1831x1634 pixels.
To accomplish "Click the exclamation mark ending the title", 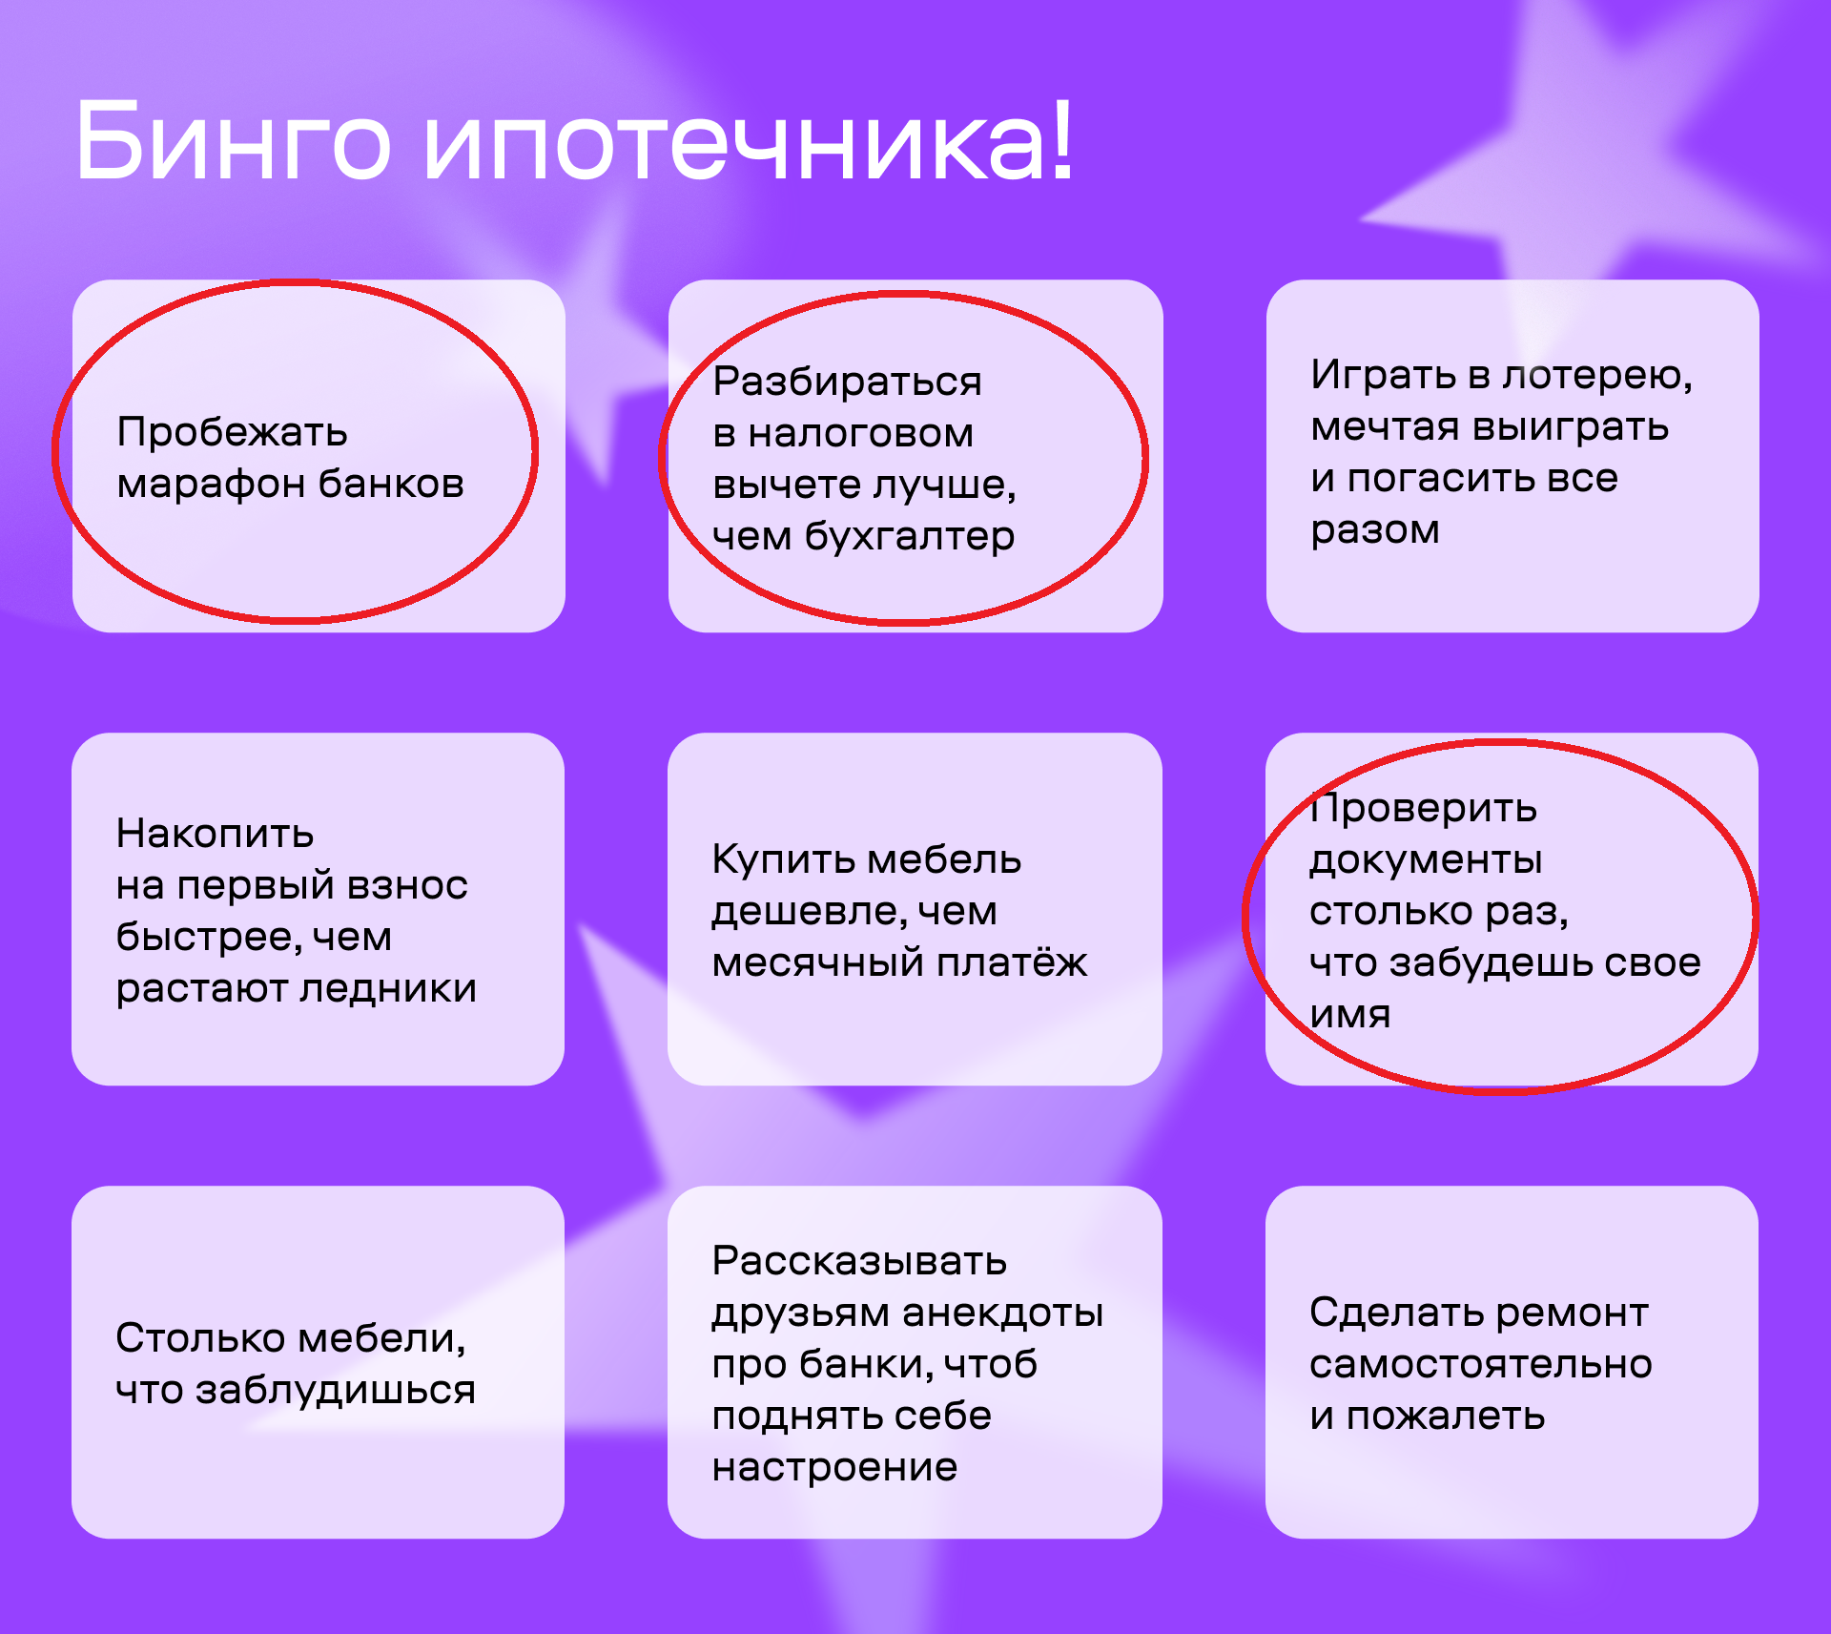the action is [1061, 137].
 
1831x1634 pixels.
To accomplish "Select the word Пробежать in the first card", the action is [232, 432].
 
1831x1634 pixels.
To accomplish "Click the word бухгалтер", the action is [910, 536].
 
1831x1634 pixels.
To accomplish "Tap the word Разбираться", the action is [847, 382].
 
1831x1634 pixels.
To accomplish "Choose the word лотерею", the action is [1597, 375].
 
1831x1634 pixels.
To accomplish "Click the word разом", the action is [1374, 530].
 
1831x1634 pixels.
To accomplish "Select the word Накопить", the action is [215, 834].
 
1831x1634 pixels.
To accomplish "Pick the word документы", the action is [1426, 861].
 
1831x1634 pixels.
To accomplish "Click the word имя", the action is [1349, 1014].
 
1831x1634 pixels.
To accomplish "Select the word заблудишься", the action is [335, 1391].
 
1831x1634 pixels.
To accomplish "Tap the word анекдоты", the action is [1002, 1313].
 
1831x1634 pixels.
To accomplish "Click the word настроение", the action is [834, 1467].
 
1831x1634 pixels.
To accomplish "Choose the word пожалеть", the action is [1445, 1416].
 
